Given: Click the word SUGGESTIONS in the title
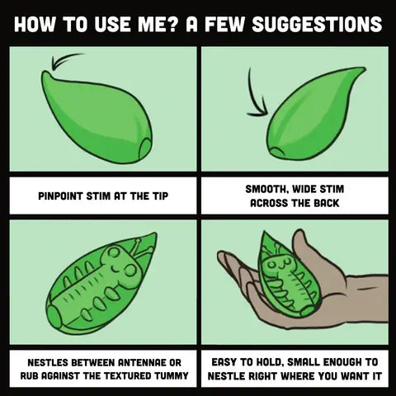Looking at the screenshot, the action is point(317,24).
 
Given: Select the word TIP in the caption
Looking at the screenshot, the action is point(160,196).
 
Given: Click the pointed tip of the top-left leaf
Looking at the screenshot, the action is point(45,73).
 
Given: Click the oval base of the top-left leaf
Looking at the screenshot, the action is point(145,148).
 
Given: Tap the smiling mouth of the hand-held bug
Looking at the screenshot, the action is point(280,266).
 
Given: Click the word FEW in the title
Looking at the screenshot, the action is point(224,24).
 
